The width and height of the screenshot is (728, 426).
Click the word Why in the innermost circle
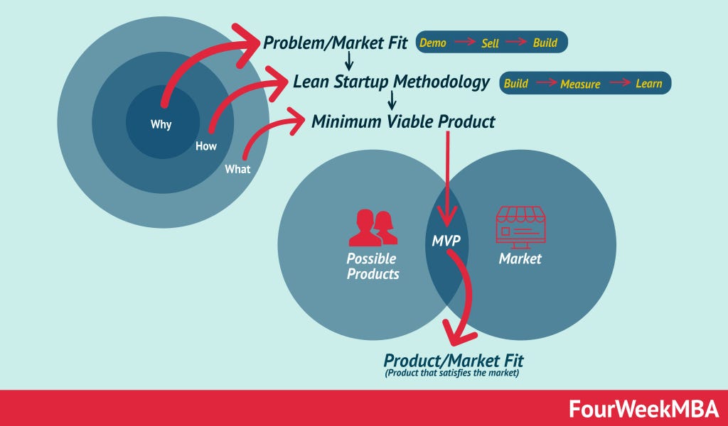[161, 125]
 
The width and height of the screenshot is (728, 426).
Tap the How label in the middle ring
[206, 147]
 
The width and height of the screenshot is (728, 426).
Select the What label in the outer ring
[237, 169]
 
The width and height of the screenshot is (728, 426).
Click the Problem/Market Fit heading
[336, 43]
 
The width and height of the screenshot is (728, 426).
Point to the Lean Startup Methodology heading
[391, 82]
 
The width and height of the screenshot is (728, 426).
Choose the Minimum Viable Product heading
[403, 121]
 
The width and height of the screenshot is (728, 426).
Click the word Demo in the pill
[433, 43]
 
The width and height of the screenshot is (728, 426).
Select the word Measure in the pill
[580, 84]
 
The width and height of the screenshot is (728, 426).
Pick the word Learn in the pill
[649, 83]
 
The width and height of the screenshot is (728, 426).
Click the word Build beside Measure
[516, 83]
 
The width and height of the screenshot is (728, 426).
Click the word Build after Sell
[545, 43]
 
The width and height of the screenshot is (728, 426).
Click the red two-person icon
[373, 226]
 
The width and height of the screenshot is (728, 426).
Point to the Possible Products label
[373, 266]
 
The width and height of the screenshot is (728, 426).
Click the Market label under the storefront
[520, 258]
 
